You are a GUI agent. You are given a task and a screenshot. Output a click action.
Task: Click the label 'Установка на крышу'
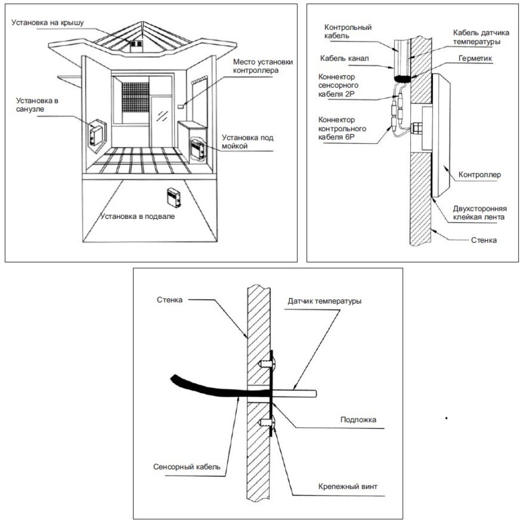click(45, 23)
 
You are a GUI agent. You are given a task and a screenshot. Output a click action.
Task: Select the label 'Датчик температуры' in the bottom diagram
click(325, 301)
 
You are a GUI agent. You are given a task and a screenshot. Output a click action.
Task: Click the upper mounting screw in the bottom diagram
click(266, 363)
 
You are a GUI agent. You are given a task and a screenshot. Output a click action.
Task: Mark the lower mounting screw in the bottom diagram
click(266, 421)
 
